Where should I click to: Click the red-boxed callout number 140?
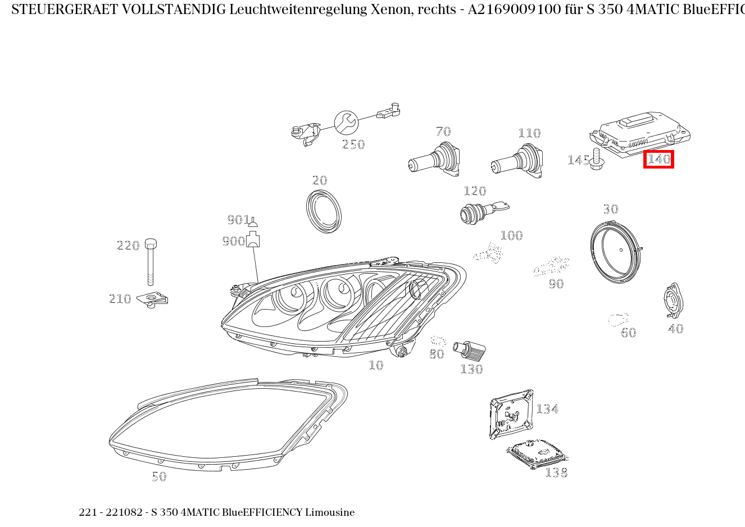[x=658, y=160]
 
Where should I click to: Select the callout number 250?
[x=353, y=145]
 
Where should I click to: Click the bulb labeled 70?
[x=435, y=160]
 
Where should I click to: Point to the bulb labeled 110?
[x=517, y=162]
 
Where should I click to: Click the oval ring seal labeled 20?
[x=324, y=211]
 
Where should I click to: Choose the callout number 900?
[x=233, y=242]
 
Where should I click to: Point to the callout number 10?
[x=376, y=366]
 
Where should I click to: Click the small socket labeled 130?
[x=473, y=351]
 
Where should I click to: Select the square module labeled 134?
[x=511, y=414]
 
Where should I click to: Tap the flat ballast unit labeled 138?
[x=536, y=453]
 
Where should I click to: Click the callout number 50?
[x=159, y=477]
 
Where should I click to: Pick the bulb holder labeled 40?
[x=673, y=301]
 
